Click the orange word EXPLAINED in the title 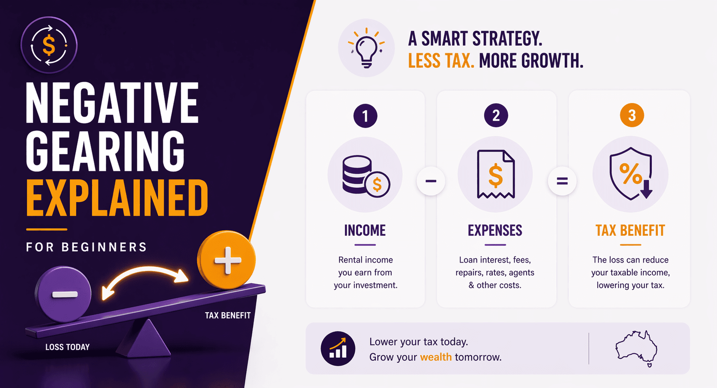coord(117,198)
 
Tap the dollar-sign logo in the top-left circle coord(49,45)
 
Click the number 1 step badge coord(365,116)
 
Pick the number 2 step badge coord(496,116)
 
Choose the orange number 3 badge coord(632,116)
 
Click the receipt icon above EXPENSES coord(496,175)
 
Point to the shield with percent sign coord(630,173)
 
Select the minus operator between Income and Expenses coord(431,181)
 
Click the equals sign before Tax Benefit coord(562,181)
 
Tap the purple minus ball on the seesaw coord(63,294)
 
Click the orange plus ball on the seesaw coord(227,260)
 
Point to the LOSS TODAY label coord(67,347)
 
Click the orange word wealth coord(436,357)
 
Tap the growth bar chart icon coord(338,349)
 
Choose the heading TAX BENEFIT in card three coord(630,231)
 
